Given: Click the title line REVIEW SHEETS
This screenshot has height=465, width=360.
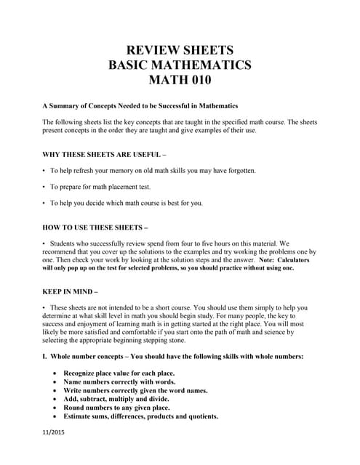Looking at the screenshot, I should click(x=180, y=50).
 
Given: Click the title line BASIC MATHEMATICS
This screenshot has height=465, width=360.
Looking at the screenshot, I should click(x=180, y=65).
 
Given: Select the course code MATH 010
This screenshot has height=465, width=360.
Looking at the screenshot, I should click(x=180, y=81).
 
